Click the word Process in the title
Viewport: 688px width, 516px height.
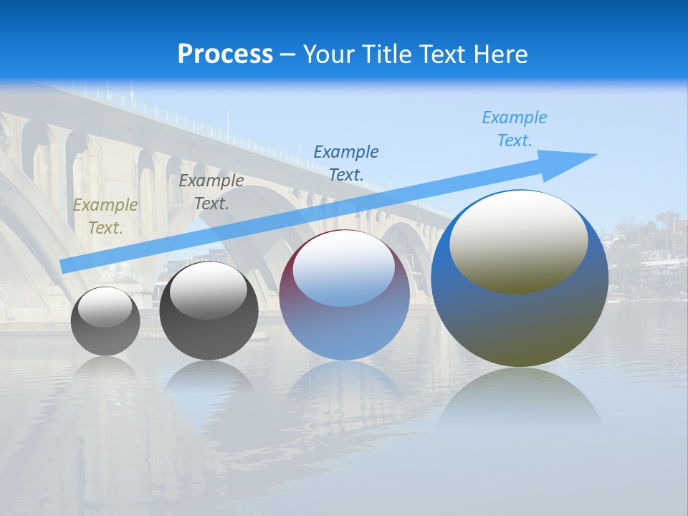(225, 54)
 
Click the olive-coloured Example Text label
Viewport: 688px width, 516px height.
(105, 216)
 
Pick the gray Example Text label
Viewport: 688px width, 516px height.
(211, 192)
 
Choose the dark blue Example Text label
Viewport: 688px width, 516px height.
(346, 163)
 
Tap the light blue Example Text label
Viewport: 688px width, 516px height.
(514, 129)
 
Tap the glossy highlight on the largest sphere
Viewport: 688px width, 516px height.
(518, 242)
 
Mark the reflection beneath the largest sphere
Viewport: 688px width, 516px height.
(520, 401)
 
